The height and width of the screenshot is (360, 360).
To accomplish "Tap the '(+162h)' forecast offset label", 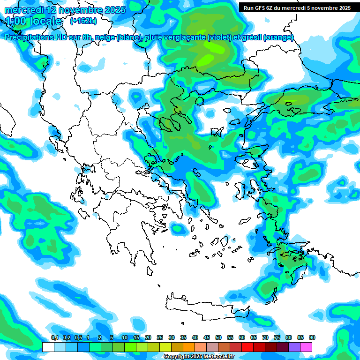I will (83, 21).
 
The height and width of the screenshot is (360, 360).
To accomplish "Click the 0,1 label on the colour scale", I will (54, 337).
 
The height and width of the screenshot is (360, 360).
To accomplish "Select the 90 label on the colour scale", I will (312, 337).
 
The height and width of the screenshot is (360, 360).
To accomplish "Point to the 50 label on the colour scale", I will (218, 337).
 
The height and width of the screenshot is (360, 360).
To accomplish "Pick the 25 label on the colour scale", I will (160, 337).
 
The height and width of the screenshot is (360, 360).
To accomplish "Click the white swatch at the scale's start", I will (48, 347).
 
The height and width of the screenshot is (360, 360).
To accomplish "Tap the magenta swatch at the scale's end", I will (307, 347).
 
